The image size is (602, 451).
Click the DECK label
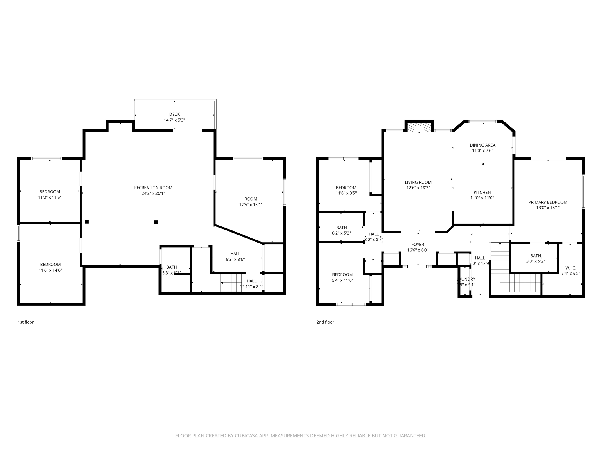tap(174, 114)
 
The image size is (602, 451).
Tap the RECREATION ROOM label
tap(153, 188)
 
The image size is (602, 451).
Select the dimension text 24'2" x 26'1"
tap(153, 193)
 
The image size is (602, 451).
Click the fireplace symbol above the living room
tap(419, 128)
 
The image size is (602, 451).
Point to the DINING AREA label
tap(482, 145)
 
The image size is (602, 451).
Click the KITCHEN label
tap(482, 192)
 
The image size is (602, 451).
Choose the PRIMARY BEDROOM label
tap(548, 202)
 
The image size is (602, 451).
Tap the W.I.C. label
tap(571, 268)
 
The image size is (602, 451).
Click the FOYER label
tap(418, 244)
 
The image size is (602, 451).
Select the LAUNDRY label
tap(466, 279)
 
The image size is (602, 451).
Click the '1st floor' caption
tap(26, 322)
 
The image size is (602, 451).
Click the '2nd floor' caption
tap(325, 322)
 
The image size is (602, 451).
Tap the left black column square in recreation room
tap(87, 222)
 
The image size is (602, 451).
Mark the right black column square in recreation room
tap(156, 222)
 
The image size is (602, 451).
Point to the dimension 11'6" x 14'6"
tap(50, 270)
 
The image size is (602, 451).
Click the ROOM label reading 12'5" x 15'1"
tap(251, 199)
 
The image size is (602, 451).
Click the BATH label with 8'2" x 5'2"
tap(341, 228)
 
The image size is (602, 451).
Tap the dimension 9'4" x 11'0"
tap(342, 280)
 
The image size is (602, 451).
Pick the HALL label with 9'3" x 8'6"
tap(235, 254)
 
